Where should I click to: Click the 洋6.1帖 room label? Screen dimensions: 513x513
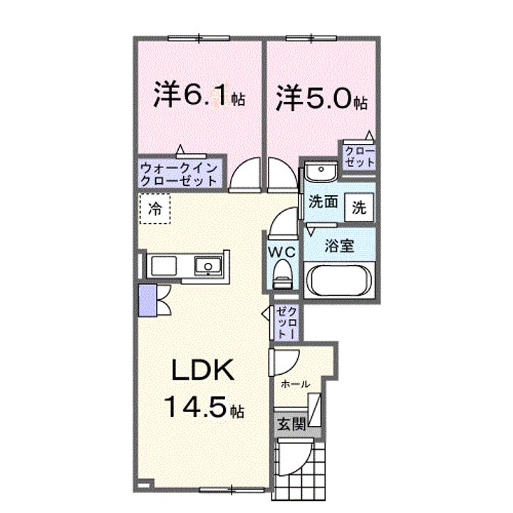pyautogui.click(x=199, y=97)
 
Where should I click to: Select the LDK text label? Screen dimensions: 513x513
pyautogui.click(x=200, y=371)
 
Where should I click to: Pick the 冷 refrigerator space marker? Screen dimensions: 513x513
pyautogui.click(x=155, y=209)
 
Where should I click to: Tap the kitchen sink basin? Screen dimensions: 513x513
pyautogui.click(x=207, y=266)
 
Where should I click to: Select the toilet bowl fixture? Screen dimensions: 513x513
pyautogui.click(x=281, y=272)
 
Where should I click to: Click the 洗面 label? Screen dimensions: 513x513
pyautogui.click(x=323, y=202)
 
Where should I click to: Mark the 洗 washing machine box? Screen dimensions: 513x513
pyautogui.click(x=360, y=209)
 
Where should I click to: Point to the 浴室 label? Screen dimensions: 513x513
pyautogui.click(x=339, y=246)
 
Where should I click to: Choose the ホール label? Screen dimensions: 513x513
pyautogui.click(x=296, y=383)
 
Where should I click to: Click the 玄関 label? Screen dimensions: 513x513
pyautogui.click(x=291, y=425)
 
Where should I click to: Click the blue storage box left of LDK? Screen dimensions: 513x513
pyautogui.click(x=147, y=300)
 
